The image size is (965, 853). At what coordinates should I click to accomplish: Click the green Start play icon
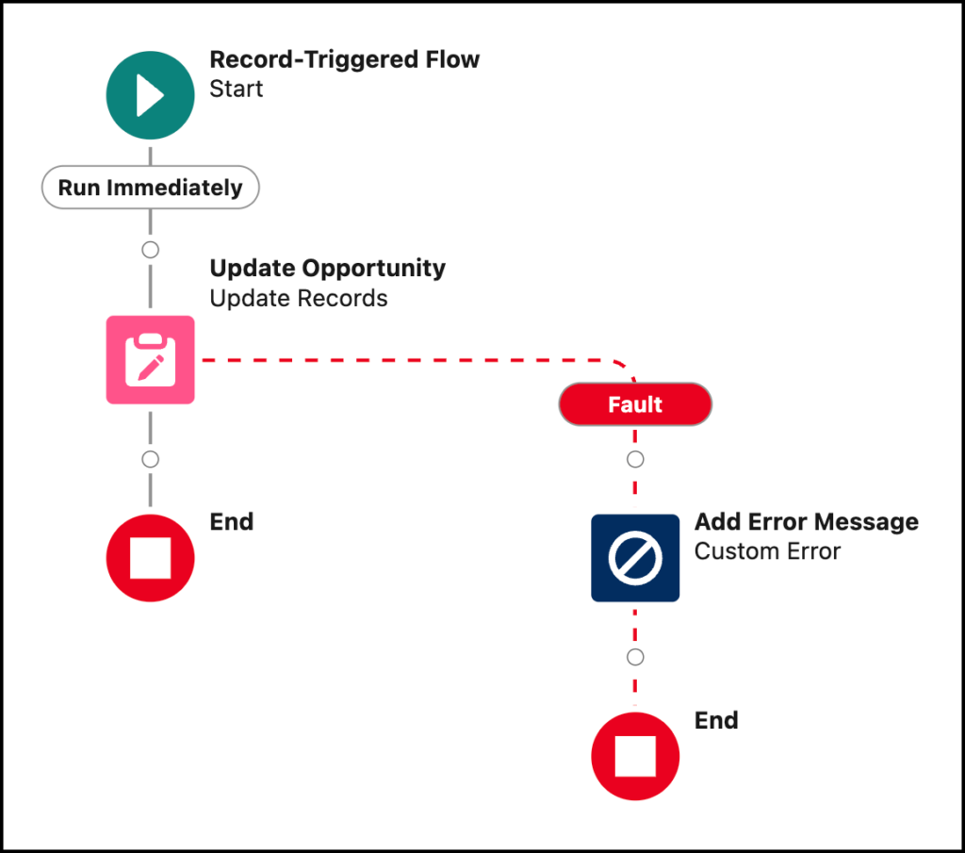pos(150,96)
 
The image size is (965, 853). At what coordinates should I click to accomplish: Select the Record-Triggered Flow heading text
pos(344,59)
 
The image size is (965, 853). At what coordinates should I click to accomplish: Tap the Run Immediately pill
pos(150,188)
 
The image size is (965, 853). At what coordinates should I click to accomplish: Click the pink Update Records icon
pos(150,360)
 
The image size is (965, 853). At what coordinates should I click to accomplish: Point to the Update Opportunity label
pos(327,268)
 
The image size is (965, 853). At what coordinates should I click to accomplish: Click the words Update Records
pos(298,299)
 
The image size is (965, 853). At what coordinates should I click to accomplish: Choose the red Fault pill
pos(635,404)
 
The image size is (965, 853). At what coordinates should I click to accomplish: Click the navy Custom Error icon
pos(635,558)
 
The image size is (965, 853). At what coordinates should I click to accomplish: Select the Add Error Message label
pos(806,521)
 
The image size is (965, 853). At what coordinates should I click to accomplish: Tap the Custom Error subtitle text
pos(767,551)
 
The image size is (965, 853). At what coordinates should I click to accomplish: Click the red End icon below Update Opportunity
pos(150,558)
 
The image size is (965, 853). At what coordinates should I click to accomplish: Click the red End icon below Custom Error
pos(635,757)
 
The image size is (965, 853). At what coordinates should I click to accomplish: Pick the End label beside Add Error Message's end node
pos(716,721)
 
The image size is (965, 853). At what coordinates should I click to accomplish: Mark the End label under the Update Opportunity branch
pos(231,521)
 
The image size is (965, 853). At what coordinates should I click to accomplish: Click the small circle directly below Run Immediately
pos(150,250)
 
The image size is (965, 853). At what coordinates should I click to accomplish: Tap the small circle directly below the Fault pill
pos(635,459)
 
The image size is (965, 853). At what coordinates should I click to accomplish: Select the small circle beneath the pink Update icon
pos(150,459)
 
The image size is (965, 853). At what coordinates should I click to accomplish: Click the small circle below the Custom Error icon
pos(635,657)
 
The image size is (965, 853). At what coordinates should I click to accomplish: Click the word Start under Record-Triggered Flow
pos(236,90)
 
